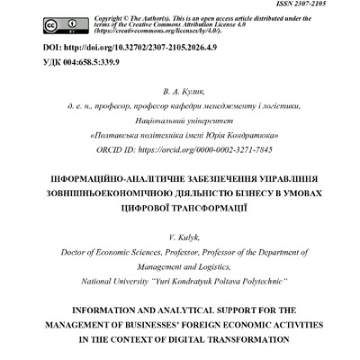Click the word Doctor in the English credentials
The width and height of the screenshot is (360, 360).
[x=73, y=252]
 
